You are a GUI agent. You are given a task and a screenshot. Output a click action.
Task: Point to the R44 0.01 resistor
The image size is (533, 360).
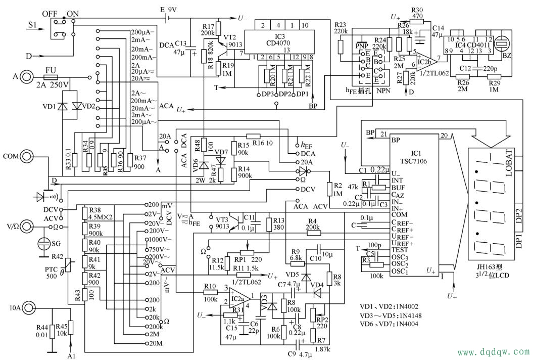[x=52, y=332]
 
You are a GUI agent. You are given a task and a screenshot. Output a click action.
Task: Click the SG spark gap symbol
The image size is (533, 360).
[x=44, y=245]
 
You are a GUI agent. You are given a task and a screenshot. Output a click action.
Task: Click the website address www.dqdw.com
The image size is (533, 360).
[x=493, y=351]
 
